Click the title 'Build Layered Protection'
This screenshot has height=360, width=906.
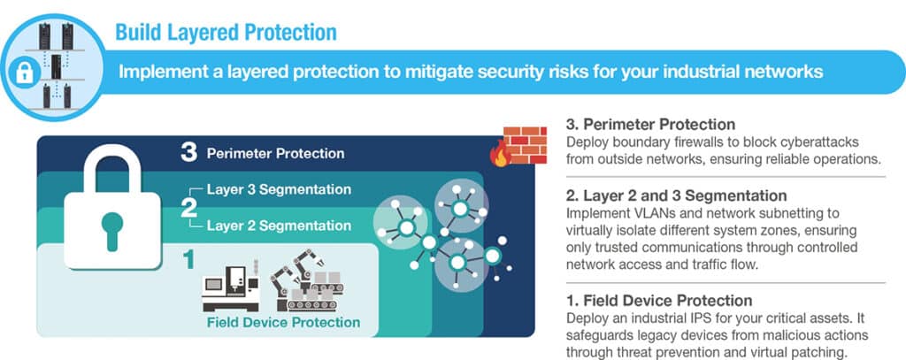coord(226,33)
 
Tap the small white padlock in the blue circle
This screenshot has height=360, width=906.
coord(24,73)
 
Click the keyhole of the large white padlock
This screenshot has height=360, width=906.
coord(112,231)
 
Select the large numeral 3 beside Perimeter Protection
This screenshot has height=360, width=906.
coord(189,153)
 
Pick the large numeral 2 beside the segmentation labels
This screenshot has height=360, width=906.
coord(189,208)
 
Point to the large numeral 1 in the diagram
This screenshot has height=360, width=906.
coord(189,260)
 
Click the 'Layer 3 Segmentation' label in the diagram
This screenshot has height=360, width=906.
coord(279,189)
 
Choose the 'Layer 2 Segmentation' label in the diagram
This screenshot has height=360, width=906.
coord(279,226)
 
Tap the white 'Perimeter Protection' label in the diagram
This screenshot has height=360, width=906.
coord(276,154)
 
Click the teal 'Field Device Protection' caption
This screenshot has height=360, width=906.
coord(283,322)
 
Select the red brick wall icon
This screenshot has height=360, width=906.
coord(526,145)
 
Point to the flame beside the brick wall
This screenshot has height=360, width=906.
coord(499,154)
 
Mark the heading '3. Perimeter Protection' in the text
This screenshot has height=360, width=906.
coord(650,124)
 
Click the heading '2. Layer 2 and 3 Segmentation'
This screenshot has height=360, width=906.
coord(676,195)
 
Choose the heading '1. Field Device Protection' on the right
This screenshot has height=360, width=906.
coord(659,301)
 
